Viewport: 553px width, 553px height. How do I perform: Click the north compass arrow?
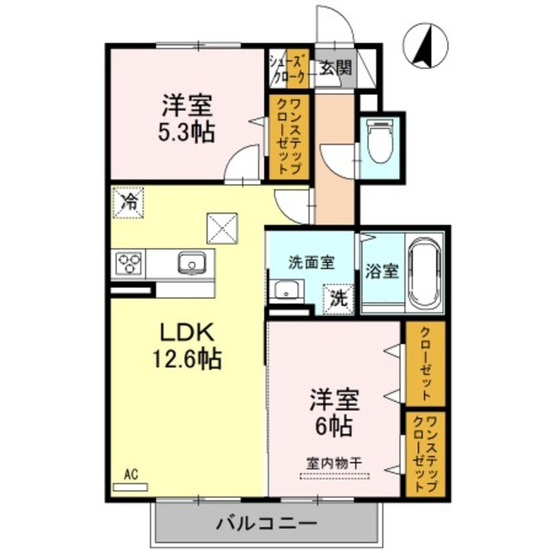click(426, 45)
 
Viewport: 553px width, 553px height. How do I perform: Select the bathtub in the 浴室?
click(423, 272)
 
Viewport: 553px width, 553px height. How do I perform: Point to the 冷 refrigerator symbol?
click(128, 203)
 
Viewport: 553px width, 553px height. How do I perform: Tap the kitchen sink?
click(191, 263)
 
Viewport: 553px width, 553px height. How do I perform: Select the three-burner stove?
click(129, 263)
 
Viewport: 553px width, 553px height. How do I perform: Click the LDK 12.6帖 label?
click(188, 344)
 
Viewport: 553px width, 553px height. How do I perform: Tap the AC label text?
click(130, 474)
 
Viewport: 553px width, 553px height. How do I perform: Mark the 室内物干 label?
click(334, 461)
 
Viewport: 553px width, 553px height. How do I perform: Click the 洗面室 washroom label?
click(307, 262)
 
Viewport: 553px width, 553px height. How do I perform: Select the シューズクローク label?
click(288, 68)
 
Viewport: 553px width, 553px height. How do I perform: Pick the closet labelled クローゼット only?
click(424, 364)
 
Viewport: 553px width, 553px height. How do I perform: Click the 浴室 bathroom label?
click(381, 270)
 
